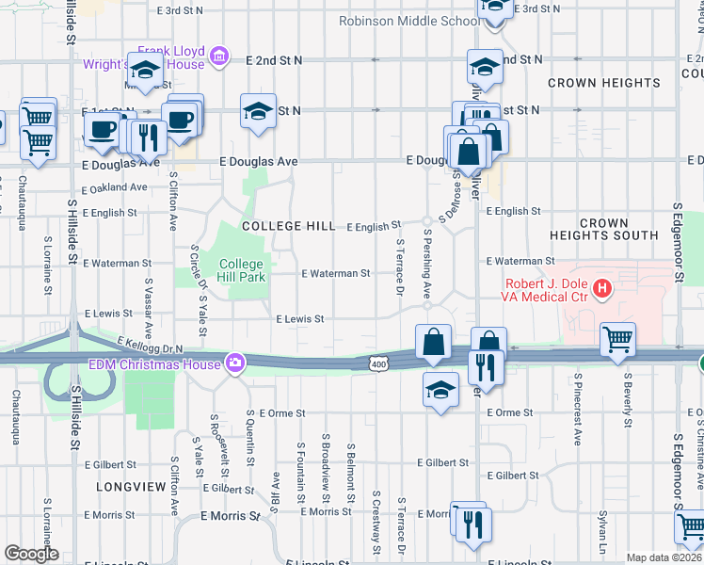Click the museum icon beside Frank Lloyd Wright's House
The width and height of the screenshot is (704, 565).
pyautogui.click(x=219, y=57)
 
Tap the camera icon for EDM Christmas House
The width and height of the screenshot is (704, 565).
pyautogui.click(x=234, y=363)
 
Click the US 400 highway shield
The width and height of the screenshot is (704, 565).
pyautogui.click(x=378, y=363)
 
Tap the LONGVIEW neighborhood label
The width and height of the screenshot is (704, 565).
pyautogui.click(x=124, y=486)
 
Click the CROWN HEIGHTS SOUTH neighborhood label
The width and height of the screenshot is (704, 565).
pyautogui.click(x=603, y=230)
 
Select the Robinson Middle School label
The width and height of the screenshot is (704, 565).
pyautogui.click(x=408, y=21)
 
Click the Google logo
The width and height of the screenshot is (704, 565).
pyautogui.click(x=31, y=554)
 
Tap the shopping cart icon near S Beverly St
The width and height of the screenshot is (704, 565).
pyautogui.click(x=617, y=339)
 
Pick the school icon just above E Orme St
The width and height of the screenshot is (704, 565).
pyautogui.click(x=440, y=389)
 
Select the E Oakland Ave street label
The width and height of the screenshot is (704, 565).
pyautogui.click(x=115, y=187)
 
